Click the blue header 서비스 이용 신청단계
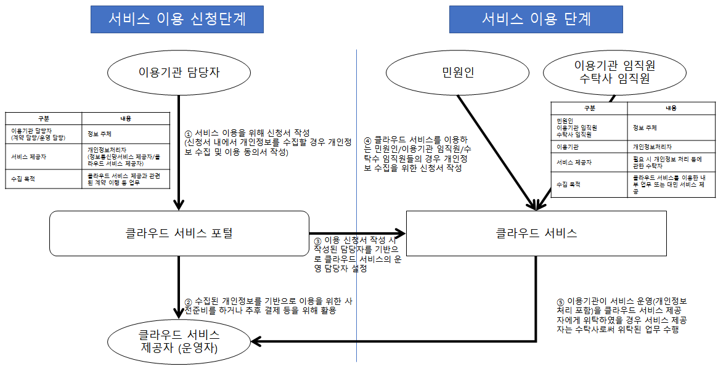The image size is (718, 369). coord(177,19)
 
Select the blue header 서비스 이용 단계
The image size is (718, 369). coord(536,19)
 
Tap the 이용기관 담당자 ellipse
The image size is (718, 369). coord(179,73)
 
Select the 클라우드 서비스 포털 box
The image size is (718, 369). coord(179,233)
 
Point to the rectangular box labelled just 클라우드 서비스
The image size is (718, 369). coord(536,233)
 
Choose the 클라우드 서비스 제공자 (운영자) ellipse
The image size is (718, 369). coord(179,342)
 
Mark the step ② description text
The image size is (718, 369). coord(268,306)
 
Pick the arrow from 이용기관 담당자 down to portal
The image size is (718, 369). coord(179,154)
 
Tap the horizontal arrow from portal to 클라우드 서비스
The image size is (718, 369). coord(357,233)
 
